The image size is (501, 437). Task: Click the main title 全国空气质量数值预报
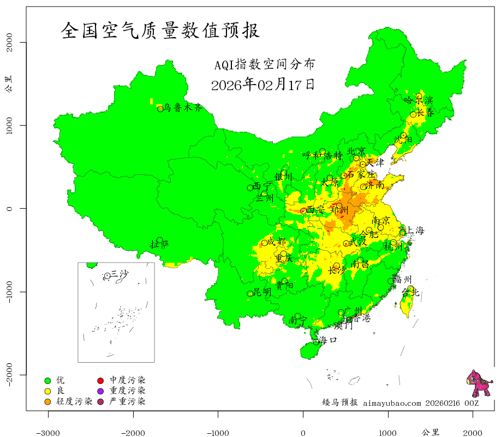coord(160,31)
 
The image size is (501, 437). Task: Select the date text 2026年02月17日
coord(263,85)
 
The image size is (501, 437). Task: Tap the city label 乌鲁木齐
coord(187,108)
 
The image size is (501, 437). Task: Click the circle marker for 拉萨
coord(159,240)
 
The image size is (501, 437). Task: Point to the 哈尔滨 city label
coord(418,100)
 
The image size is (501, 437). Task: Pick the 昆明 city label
coord(263,292)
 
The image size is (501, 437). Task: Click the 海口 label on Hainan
coord(328,340)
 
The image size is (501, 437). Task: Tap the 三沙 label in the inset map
coord(120,274)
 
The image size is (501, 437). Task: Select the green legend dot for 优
coord(47,380)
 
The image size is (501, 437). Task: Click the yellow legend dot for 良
coord(47,391)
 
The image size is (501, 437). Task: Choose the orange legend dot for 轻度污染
coord(47,402)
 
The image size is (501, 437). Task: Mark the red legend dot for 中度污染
coord(100,380)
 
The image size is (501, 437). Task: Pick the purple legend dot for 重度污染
coord(100,391)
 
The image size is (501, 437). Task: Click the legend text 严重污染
coord(127,402)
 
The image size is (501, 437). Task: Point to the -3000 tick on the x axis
coord(48,433)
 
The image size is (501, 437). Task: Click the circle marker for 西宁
coord(250,188)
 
